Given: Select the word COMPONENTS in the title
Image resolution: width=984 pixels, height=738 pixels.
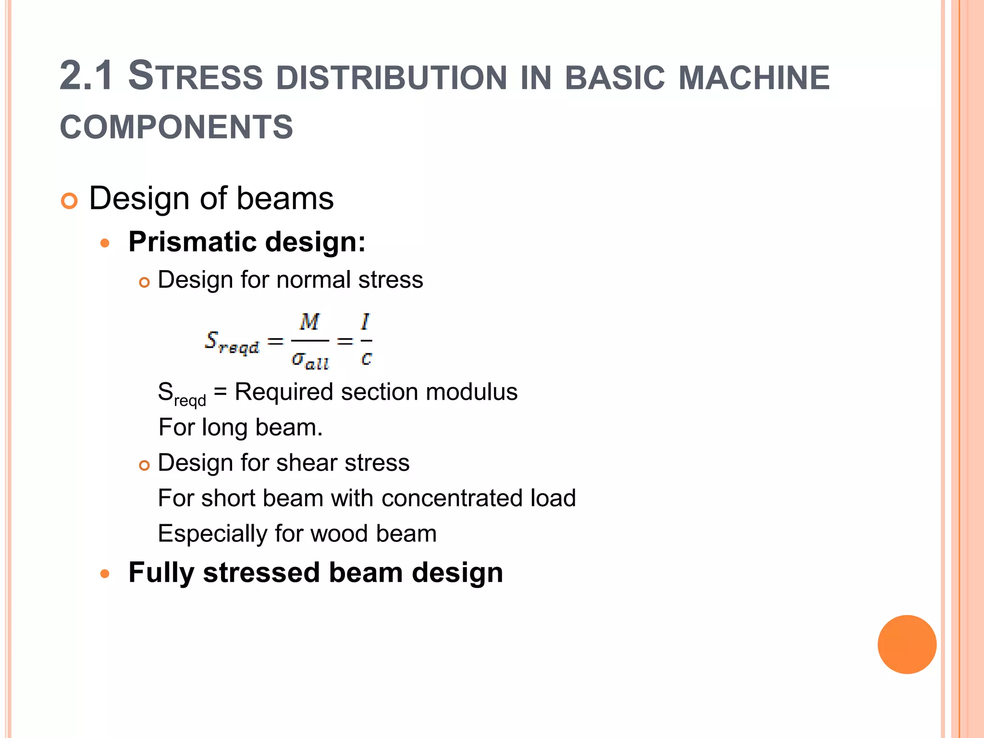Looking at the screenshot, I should point(176,127).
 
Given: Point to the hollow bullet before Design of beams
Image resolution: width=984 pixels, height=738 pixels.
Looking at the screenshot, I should point(69,201).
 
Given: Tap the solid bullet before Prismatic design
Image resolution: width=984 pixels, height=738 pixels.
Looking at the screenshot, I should point(105,243).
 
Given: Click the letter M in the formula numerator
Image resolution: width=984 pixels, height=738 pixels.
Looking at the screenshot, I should point(309,322).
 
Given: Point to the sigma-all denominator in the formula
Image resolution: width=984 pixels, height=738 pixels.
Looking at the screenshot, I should point(310,360).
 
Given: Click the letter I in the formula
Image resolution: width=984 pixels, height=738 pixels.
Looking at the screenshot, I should point(366,321).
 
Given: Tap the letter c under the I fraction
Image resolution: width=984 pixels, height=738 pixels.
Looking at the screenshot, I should point(366,358).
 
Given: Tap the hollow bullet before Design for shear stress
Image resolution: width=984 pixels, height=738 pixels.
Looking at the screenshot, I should point(144,465).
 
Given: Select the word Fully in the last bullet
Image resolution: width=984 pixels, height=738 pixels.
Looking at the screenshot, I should point(161,573).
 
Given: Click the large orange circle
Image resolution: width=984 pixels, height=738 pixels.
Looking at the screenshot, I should point(907,644).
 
